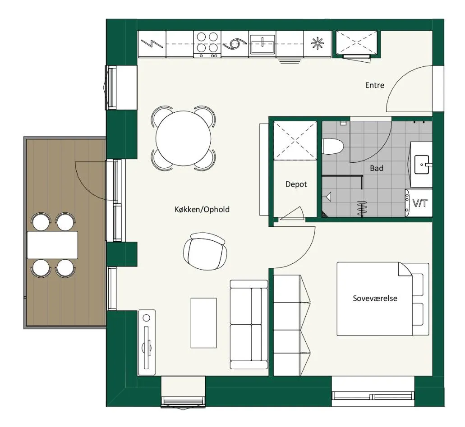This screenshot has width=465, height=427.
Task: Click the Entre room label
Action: (x=374, y=85)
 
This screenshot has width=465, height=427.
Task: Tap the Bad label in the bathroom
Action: (x=377, y=168)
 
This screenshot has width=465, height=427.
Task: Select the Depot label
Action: (x=296, y=184)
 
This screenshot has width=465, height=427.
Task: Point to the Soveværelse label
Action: (x=375, y=298)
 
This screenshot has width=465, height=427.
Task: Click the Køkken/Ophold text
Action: (x=202, y=209)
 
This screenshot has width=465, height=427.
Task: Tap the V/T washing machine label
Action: (x=420, y=203)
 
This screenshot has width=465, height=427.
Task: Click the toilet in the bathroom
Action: (x=333, y=147)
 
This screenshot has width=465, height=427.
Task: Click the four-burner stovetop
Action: (x=207, y=44)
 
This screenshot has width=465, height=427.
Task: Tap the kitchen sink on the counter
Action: (x=262, y=45)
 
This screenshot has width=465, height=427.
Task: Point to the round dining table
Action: (x=183, y=138)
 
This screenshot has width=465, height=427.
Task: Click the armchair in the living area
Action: (x=206, y=251)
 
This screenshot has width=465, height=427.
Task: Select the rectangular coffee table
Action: (x=203, y=323)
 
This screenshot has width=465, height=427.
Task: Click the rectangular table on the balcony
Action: (x=52, y=245)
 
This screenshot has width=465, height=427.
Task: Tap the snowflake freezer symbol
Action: (x=318, y=44)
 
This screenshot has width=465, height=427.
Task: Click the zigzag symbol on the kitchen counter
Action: (x=152, y=44)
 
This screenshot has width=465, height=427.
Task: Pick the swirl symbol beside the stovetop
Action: (x=235, y=44)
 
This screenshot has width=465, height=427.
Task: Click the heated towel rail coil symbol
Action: (x=362, y=208)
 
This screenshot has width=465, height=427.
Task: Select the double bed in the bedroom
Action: (x=383, y=299)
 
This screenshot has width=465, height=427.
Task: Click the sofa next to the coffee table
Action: (x=249, y=324)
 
